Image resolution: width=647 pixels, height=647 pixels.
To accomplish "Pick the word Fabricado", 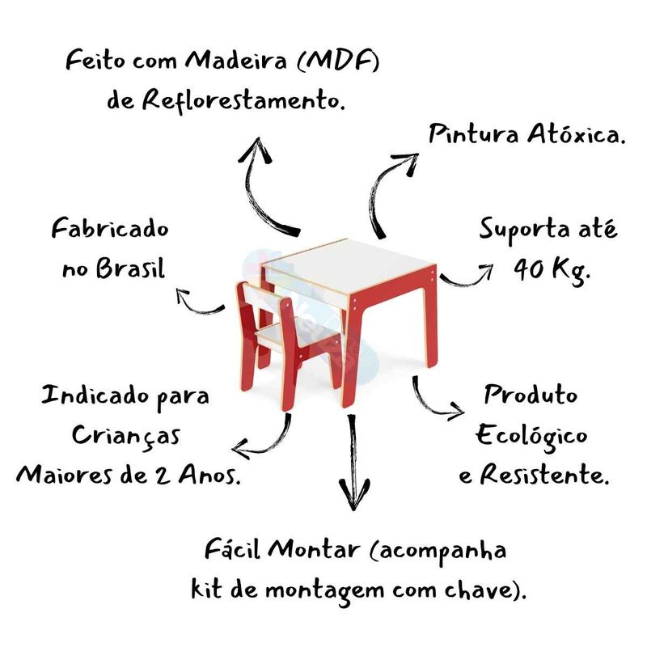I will pos(111,230).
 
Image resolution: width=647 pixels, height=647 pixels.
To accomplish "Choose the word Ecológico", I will pos(531,436).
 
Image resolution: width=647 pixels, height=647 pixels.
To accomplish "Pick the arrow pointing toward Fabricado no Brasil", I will pos(197,303).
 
